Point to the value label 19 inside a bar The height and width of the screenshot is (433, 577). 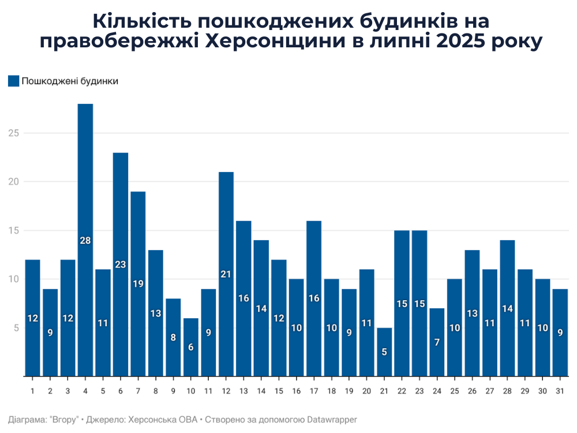coord(138,284)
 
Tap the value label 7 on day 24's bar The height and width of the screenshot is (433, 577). coord(437,342)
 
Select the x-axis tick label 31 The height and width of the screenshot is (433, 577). coord(560,391)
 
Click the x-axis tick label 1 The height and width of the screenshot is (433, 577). coord(33,391)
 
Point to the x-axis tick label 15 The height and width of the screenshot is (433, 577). coord(279,391)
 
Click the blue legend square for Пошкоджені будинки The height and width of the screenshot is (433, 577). coord(13,81)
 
